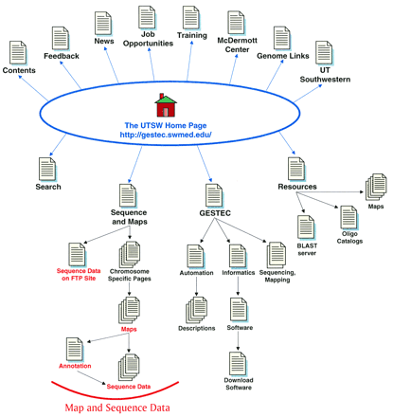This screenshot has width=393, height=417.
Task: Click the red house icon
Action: (167, 104)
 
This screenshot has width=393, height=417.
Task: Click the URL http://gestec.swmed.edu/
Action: (167, 135)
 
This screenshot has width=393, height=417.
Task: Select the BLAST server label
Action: (306, 249)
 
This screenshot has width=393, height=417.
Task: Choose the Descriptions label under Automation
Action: (197, 328)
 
